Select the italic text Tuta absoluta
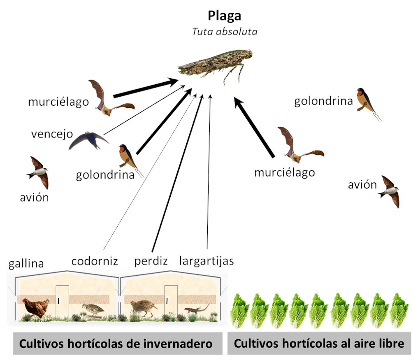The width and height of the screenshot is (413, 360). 225,32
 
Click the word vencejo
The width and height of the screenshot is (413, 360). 52,134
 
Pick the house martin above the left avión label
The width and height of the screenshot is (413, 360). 38,172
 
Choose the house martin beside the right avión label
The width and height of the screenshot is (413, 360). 390,191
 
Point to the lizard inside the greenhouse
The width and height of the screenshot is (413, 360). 196,309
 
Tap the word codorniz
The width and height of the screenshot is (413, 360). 95,261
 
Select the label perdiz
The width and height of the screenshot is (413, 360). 151,261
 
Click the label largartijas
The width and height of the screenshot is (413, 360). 206,261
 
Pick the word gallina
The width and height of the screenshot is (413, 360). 26,263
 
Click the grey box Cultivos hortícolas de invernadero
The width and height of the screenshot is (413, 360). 116,344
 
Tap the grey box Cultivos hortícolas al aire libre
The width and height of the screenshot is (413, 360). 319,344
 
